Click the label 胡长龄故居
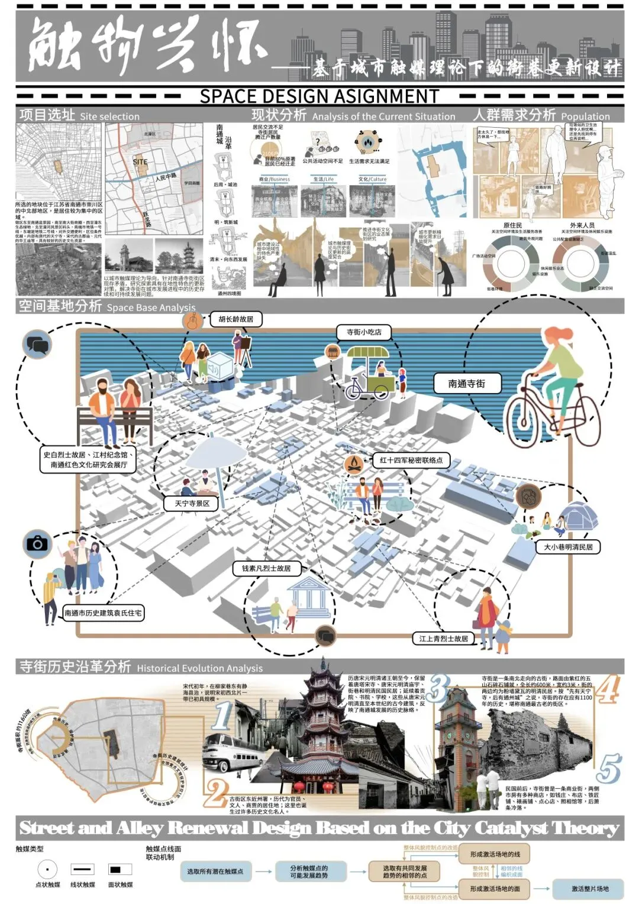pyautogui.click(x=236, y=319)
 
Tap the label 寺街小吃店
pyautogui.click(x=364, y=332)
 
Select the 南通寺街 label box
pyautogui.click(x=467, y=384)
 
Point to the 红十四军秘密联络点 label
pyautogui.click(x=411, y=460)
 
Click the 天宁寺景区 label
pyautogui.click(x=192, y=504)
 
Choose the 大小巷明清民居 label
pyautogui.click(x=568, y=547)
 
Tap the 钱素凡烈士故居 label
pyautogui.click(x=266, y=568)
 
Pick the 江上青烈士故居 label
pyautogui.click(x=443, y=639)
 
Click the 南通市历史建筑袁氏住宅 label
pyautogui.click(x=104, y=613)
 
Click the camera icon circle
pyautogui.click(x=37, y=543)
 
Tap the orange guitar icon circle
pyautogui.click(x=192, y=321)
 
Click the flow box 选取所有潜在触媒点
pyautogui.click(x=215, y=871)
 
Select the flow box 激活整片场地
pyautogui.click(x=589, y=889)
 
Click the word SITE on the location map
pyautogui.click(x=140, y=161)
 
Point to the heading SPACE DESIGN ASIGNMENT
pyautogui.click(x=319, y=96)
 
